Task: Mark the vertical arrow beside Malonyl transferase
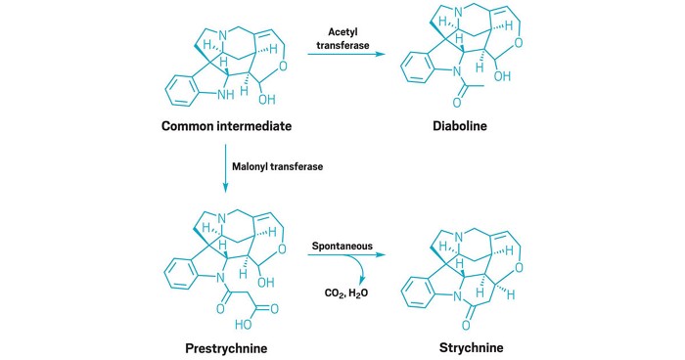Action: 227,166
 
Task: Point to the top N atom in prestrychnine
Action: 223,215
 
